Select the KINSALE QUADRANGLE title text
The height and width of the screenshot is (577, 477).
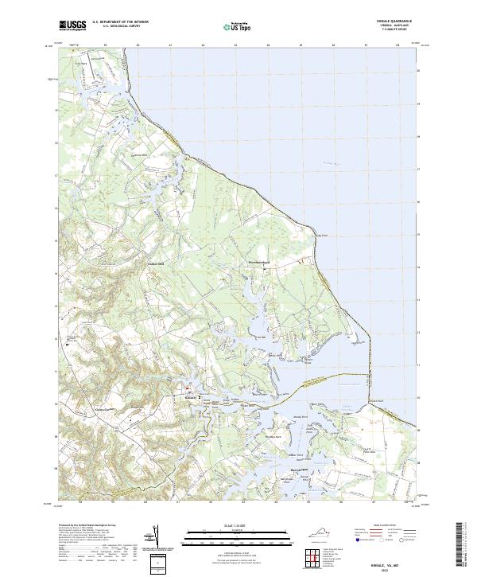click(x=395, y=20)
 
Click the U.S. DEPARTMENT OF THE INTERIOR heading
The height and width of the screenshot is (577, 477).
click(x=119, y=21)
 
